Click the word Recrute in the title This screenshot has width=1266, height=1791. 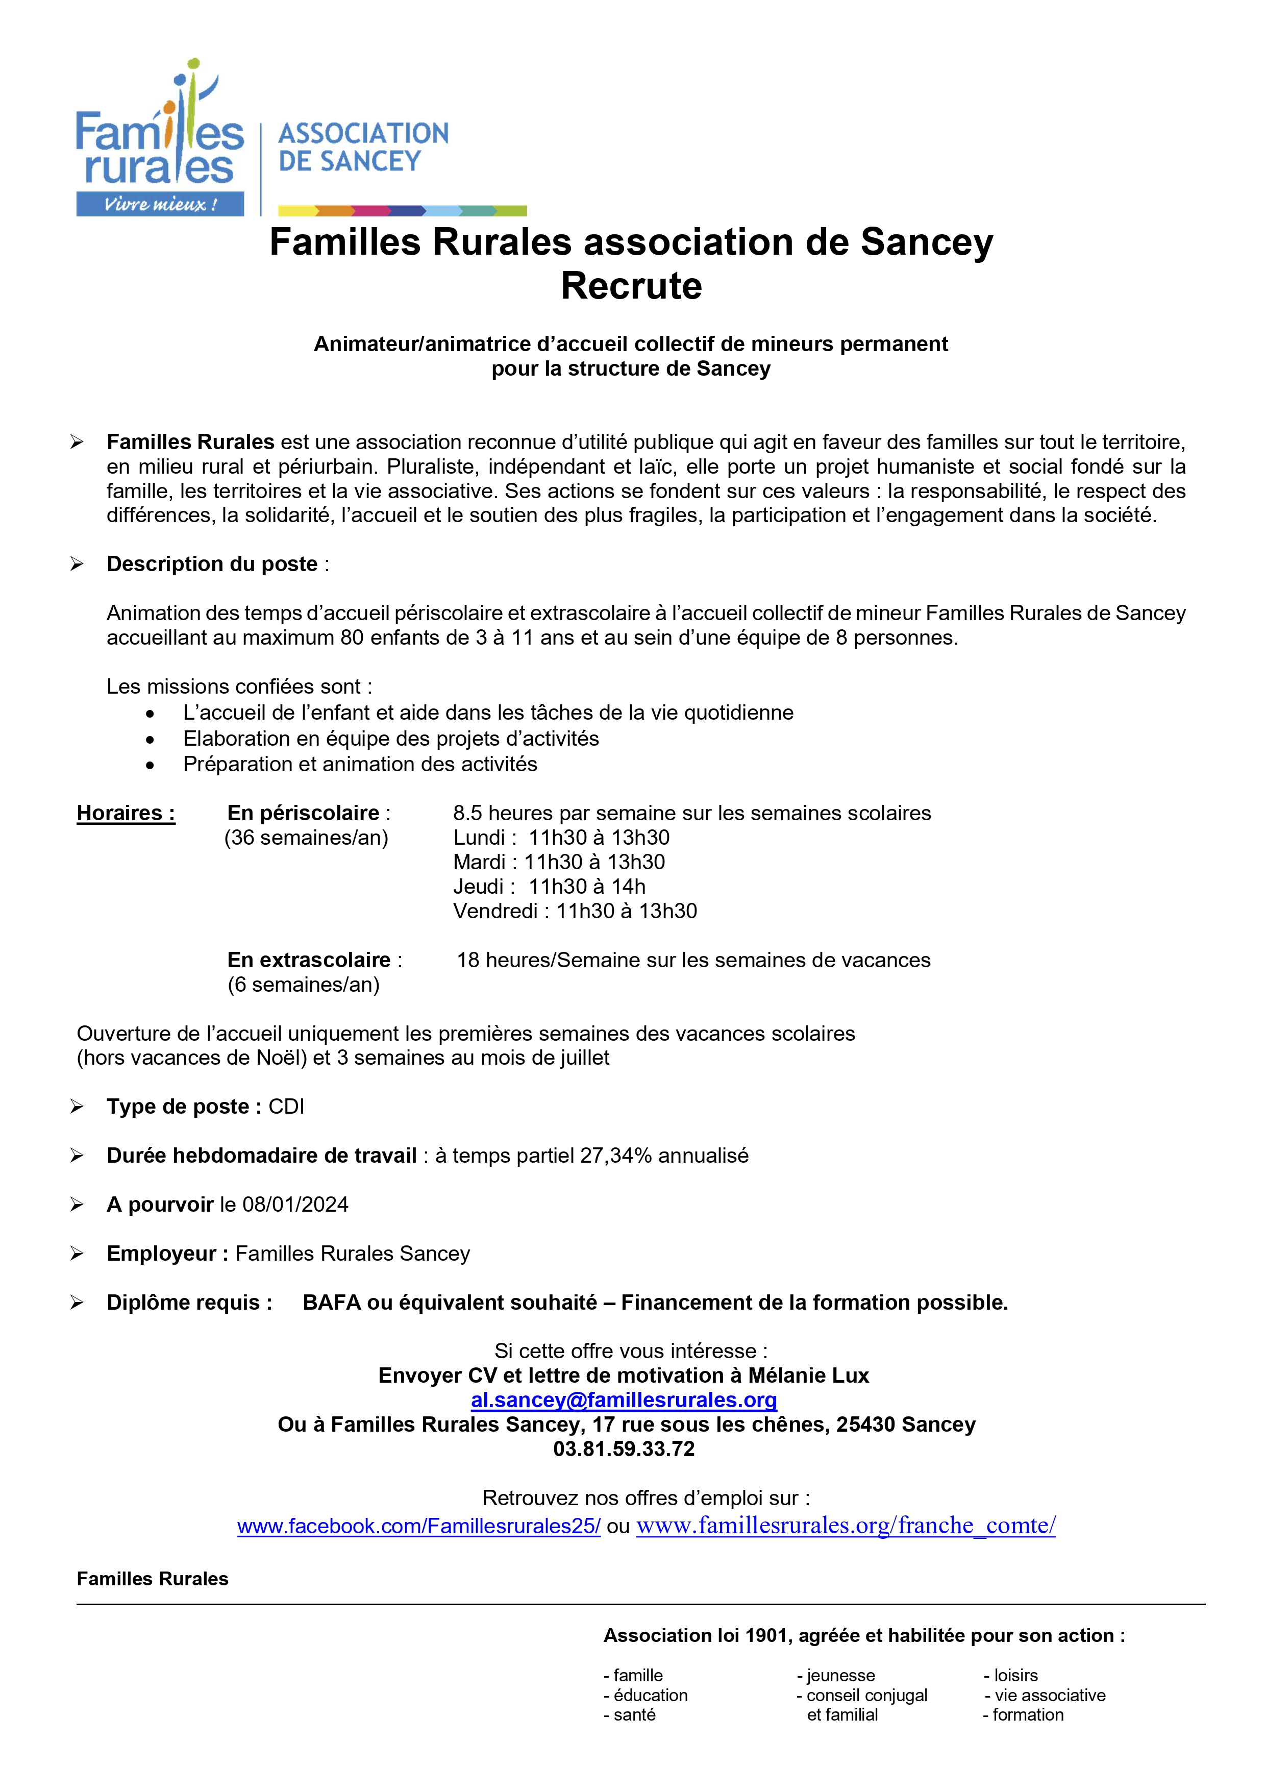tap(631, 285)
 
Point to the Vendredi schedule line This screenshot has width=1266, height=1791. tap(575, 911)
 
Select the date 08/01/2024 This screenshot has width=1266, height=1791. tap(295, 1205)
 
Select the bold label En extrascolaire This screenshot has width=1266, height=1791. tap(309, 960)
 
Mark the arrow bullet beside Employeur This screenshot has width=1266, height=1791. tap(77, 1254)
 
